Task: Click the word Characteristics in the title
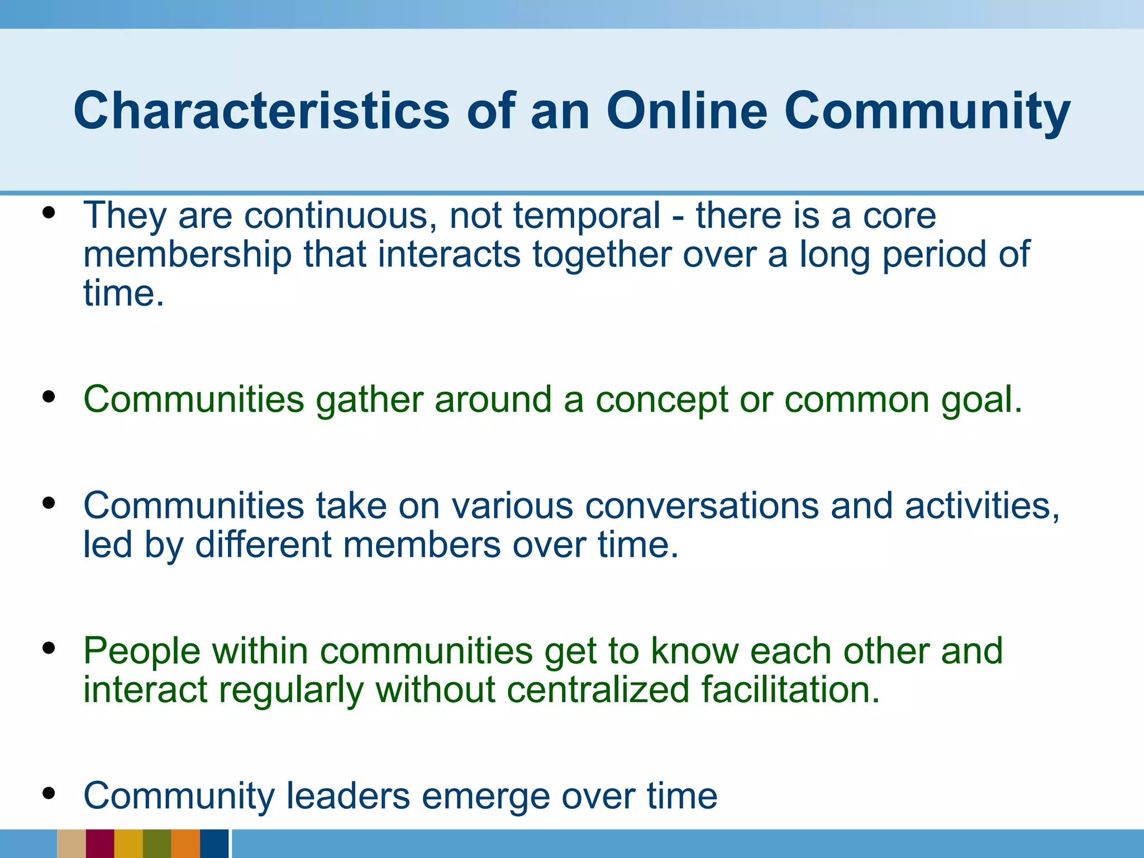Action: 261,111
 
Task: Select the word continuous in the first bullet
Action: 340,216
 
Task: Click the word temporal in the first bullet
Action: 587,216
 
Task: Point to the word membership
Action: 187,255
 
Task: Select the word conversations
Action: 702,506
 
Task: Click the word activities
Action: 981,506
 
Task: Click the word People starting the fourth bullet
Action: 142,651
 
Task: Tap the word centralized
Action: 598,690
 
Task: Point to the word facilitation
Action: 790,690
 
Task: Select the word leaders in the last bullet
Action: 349,796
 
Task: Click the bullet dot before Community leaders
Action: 49,793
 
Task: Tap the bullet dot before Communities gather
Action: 49,397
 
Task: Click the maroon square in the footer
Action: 100,843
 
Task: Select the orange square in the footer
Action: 185,843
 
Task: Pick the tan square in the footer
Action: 71,843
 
